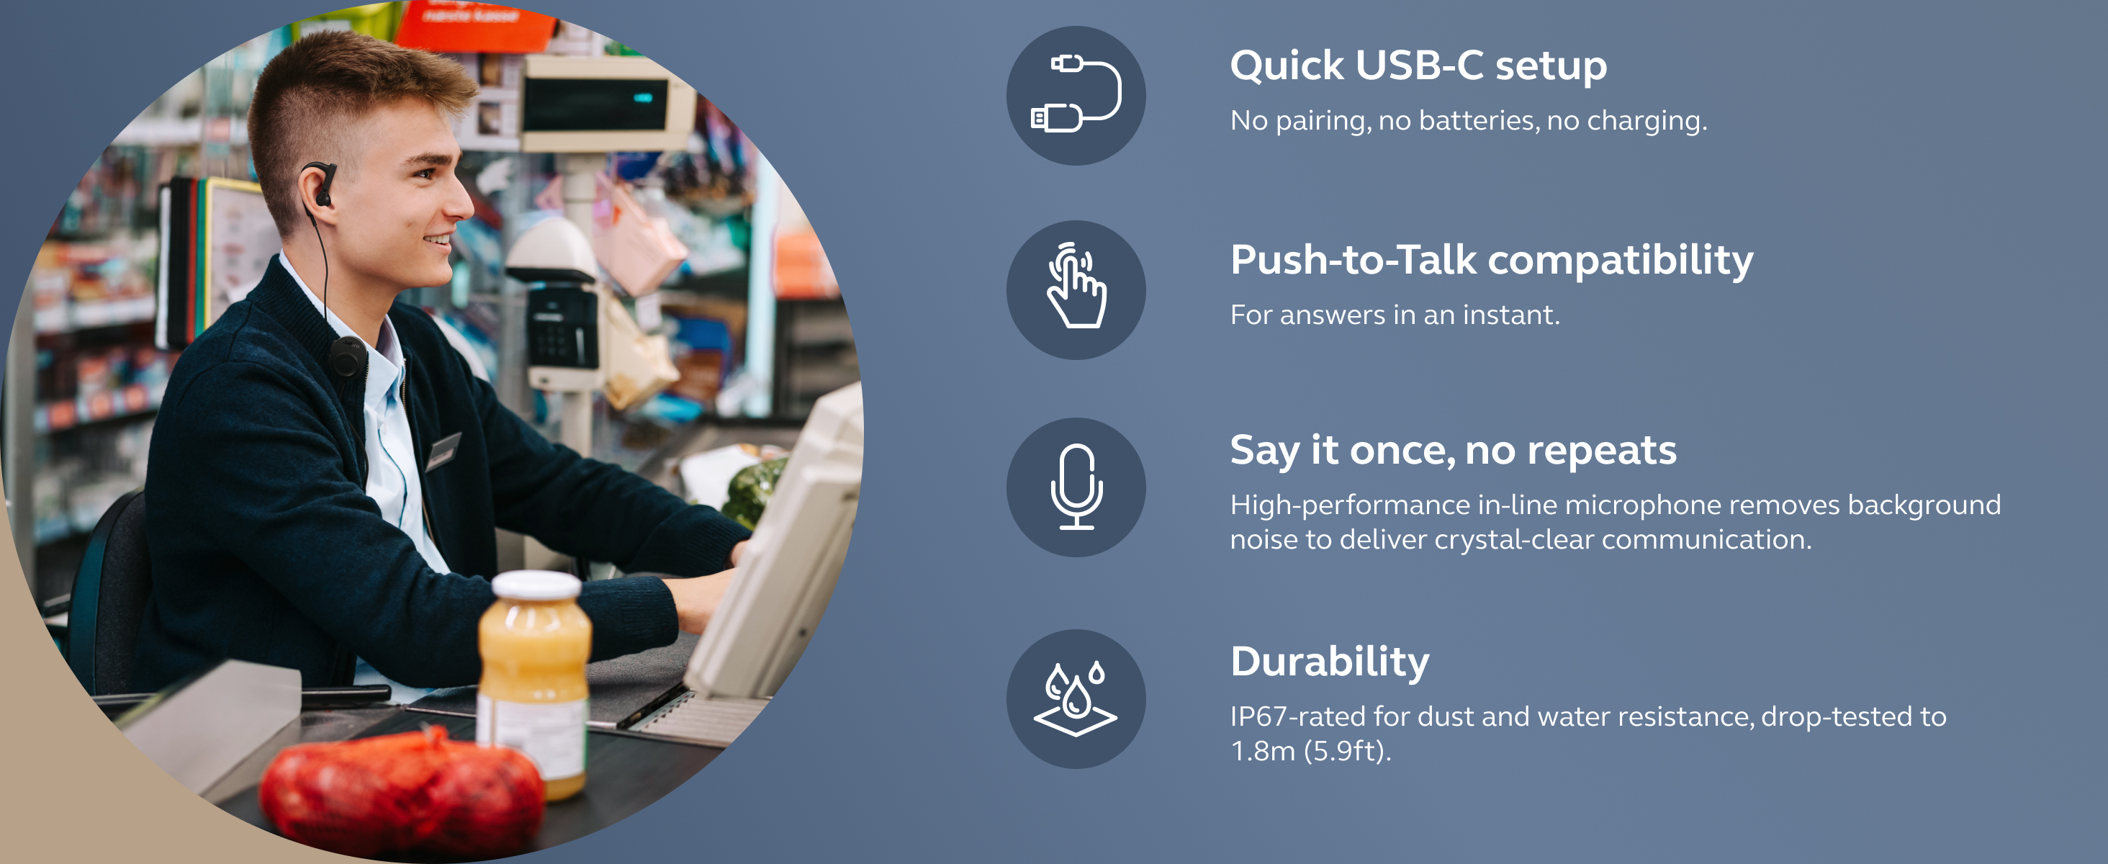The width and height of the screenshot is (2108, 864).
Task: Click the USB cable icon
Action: [1076, 95]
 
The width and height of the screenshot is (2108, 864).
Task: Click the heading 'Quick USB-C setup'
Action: [1418, 66]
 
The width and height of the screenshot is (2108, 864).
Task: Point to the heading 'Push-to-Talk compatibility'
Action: [1492, 260]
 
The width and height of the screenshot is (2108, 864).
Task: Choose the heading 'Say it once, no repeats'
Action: [1454, 451]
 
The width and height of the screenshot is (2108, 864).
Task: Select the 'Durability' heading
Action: [1330, 661]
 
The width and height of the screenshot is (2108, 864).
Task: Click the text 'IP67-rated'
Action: [1299, 716]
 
